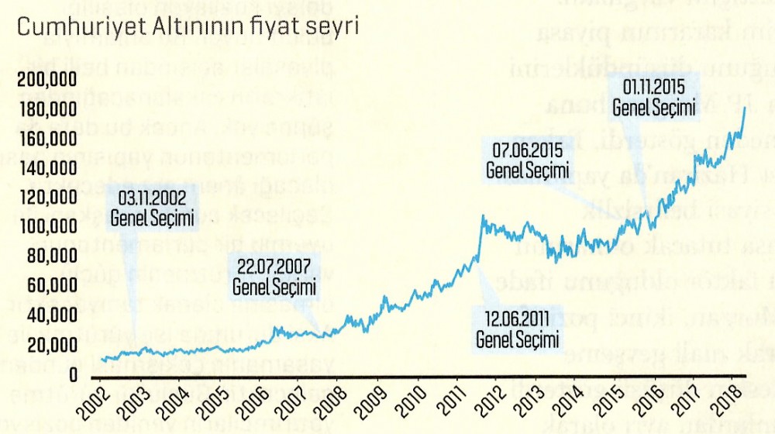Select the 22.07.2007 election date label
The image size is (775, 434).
tap(275, 269)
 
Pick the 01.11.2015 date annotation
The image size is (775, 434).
tap(653, 88)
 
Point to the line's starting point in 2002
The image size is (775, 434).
tap(102, 358)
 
